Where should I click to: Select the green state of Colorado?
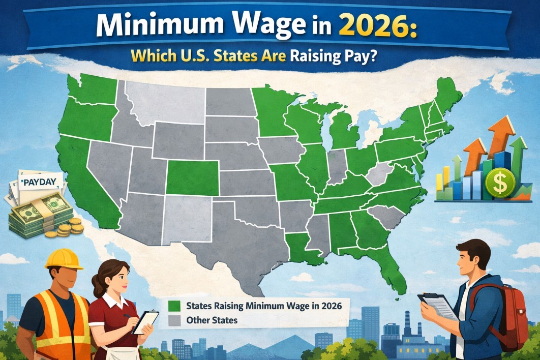(x=192, y=177)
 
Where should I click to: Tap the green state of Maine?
(x=447, y=97)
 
